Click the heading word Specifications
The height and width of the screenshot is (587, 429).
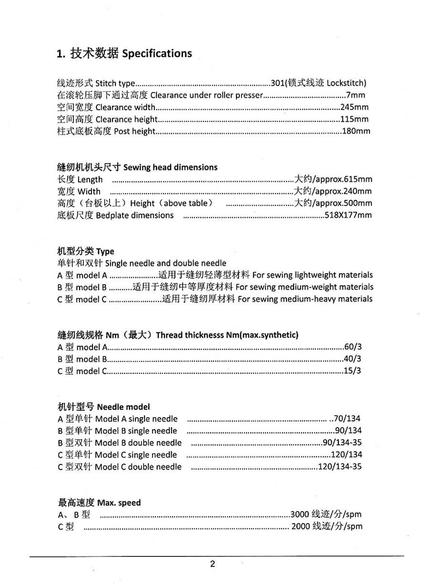coord(157,53)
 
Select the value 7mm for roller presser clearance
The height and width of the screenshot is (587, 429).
coord(356,95)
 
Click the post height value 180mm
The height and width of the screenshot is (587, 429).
coord(356,131)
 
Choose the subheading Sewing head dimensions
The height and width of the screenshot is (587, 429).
coord(170,167)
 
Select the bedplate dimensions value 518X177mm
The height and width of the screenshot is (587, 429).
coord(348,215)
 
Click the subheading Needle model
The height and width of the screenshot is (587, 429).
coord(123,407)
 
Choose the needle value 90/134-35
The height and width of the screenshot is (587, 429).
coord(342,443)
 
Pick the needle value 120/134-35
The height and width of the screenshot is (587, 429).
coord(340,467)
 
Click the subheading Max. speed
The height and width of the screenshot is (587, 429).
coord(119,503)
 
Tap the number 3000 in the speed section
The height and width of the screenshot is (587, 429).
coord(300,514)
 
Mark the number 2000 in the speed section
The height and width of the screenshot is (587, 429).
coord(300,526)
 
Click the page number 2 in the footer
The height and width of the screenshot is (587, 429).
coord(213,564)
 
